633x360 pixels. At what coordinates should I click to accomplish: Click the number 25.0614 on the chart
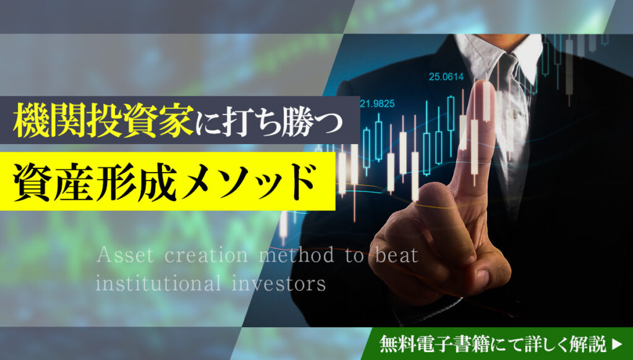point(446,77)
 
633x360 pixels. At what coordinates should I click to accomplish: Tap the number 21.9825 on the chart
point(376,104)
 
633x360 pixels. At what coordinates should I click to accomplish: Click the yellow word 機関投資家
point(103,120)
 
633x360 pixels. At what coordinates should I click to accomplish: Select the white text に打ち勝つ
point(270,122)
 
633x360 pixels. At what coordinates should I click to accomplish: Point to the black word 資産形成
point(95,181)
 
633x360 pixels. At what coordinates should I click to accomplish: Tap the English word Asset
point(125,255)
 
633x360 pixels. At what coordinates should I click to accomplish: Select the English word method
point(297,255)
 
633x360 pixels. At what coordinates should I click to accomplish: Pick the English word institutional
point(159,283)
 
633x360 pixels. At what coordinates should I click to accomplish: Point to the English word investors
point(279,283)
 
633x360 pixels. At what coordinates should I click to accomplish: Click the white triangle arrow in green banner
point(617,345)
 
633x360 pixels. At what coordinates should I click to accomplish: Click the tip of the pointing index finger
point(484,84)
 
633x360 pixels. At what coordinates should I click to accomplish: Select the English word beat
point(396,255)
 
